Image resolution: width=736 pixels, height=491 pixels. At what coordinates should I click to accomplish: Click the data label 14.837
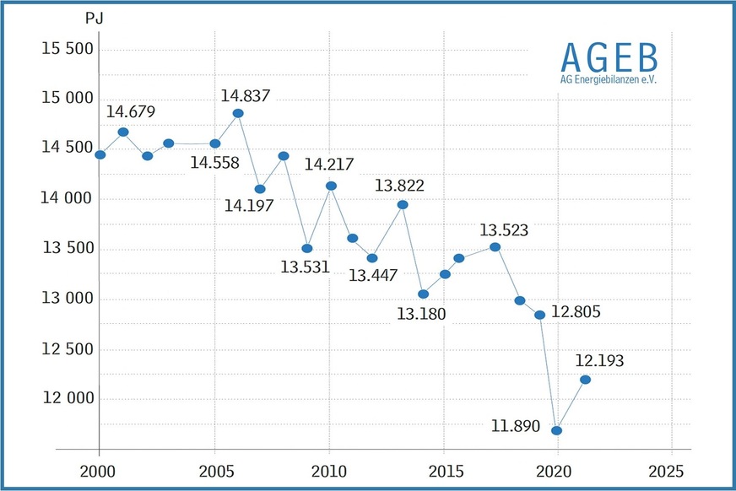coord(246,96)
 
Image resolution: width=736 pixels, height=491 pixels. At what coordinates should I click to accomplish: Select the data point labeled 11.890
coord(557,430)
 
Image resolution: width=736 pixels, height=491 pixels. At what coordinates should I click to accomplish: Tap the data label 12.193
coord(600,361)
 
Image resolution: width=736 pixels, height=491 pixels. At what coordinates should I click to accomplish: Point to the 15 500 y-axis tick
coord(68,48)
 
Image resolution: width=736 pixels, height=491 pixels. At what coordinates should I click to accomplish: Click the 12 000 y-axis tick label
coord(68,399)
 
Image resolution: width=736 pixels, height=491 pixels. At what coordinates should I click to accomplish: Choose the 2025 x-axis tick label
coord(671,468)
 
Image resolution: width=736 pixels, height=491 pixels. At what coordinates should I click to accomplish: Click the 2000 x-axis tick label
coord(99,468)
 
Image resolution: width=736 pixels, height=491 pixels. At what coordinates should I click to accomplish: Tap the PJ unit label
coord(95,18)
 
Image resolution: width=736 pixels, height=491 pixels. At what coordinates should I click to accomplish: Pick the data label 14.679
coord(131,111)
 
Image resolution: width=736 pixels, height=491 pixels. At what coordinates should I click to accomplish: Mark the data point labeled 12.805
coord(539,315)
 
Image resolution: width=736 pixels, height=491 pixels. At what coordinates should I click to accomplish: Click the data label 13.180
coord(421,315)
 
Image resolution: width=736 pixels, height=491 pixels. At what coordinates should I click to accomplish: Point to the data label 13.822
coord(399,186)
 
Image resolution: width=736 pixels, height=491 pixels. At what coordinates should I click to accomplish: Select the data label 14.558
coord(215,163)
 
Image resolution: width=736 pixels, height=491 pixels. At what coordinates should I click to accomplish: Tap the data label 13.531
coord(305,267)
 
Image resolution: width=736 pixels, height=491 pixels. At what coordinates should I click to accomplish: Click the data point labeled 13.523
coord(495,246)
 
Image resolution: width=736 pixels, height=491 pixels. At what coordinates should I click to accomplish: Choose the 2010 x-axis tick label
coord(328,468)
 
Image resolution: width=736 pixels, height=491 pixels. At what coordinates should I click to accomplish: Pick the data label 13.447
coord(373,274)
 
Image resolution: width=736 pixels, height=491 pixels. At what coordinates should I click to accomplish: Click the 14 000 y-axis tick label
coord(68,199)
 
